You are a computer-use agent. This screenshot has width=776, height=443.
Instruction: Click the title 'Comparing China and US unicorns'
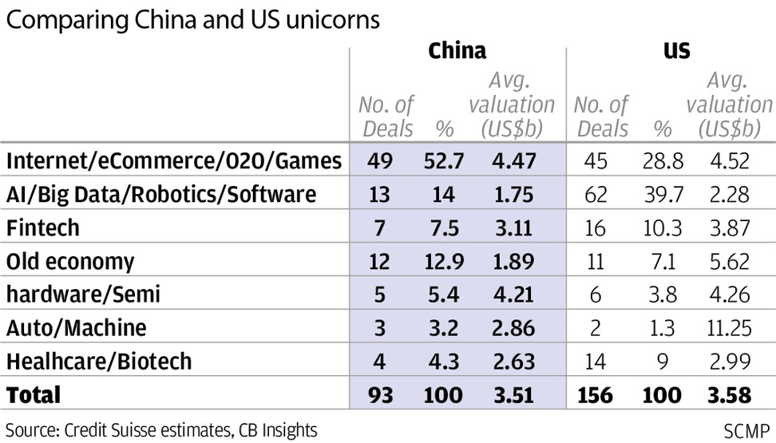[192, 22]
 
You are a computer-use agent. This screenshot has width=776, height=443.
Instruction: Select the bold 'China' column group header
[457, 52]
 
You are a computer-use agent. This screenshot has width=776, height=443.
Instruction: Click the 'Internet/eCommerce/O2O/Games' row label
[174, 161]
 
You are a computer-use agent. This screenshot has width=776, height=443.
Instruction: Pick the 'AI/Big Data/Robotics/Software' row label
[161, 195]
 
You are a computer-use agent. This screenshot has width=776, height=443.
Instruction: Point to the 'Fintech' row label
[43, 228]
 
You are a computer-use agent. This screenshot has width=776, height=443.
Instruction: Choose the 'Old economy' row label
[70, 261]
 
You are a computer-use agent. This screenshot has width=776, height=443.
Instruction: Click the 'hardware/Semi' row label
[83, 295]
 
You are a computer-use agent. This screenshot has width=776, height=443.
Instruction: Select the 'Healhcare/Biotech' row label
[99, 361]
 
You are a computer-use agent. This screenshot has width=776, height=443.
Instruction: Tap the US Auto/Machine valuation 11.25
[728, 328]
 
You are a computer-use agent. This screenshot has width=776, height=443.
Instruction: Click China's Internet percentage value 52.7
[443, 161]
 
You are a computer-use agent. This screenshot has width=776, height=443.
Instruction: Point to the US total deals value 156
[594, 394]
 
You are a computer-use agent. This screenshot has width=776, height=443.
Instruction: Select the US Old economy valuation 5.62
[728, 261]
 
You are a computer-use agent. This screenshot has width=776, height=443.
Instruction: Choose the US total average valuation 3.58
[728, 394]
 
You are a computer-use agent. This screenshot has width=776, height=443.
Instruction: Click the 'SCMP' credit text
[746, 430]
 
